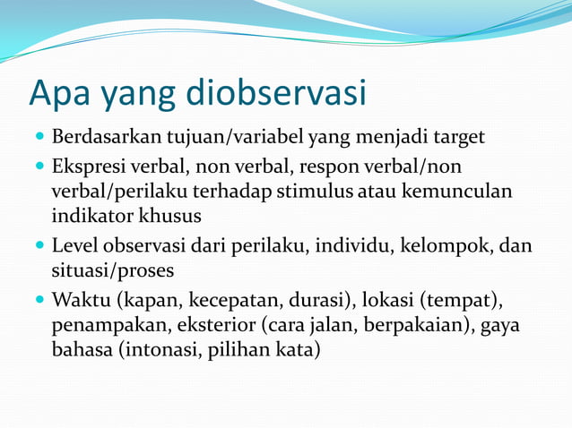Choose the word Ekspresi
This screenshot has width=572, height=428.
click(x=87, y=167)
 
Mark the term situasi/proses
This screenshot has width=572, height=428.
click(x=112, y=270)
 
